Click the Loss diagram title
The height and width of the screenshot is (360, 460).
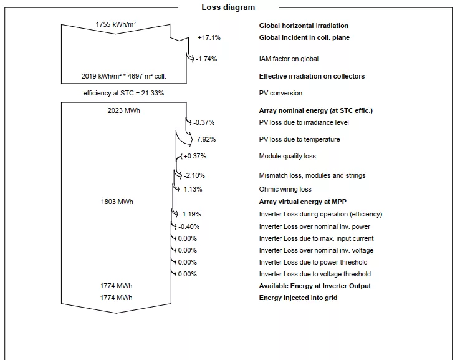(228, 7)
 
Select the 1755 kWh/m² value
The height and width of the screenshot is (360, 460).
(116, 25)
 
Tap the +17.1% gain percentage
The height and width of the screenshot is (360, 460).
(209, 37)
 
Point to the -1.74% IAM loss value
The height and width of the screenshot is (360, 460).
(206, 59)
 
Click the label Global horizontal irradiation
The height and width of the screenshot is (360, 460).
(304, 26)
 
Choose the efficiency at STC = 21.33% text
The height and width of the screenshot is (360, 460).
(123, 93)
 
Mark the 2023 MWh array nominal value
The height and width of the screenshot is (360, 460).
(123, 110)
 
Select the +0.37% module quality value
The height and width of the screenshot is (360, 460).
(194, 156)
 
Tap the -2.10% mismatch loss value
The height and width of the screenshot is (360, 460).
(194, 175)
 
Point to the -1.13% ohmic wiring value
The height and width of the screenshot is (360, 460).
(191, 189)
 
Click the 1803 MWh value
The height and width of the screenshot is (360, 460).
(117, 202)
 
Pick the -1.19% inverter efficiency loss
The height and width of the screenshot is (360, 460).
(190, 214)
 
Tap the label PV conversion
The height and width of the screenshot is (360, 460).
(280, 93)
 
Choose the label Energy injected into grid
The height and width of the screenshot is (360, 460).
(298, 298)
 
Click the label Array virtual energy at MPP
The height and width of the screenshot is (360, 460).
(302, 202)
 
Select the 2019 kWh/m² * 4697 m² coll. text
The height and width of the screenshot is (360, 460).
(123, 76)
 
